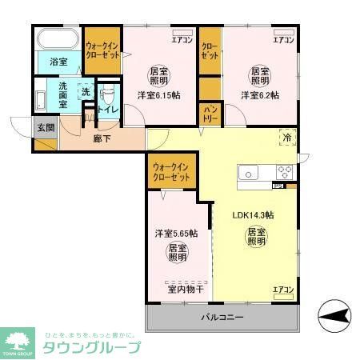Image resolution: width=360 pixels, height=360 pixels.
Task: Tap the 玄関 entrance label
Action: (45, 127)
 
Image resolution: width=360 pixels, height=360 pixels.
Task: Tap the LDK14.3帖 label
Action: (254, 215)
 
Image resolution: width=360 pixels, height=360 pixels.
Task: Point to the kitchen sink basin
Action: (248, 172)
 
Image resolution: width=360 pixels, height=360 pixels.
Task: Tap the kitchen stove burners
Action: (285, 171)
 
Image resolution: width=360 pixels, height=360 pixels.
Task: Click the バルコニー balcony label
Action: (222, 318)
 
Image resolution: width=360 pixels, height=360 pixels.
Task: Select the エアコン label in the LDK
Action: (284, 289)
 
